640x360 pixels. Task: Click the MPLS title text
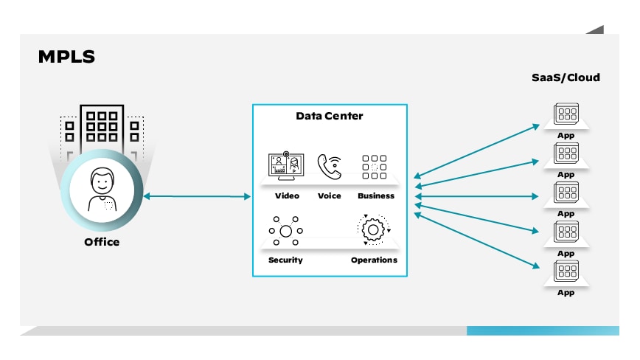66,57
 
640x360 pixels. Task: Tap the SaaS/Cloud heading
566,77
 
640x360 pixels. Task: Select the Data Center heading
329,116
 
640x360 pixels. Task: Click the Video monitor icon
286,167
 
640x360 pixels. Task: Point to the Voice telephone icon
330,167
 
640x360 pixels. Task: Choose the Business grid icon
374,167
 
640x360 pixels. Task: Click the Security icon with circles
285,231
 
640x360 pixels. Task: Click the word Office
102,242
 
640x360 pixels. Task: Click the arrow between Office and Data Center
198,196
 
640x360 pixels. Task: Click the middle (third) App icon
566,193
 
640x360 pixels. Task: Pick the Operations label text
374,260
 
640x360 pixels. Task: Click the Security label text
285,260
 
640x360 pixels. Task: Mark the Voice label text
330,196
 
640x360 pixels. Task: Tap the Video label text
287,196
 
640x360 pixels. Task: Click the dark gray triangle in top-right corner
597,30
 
